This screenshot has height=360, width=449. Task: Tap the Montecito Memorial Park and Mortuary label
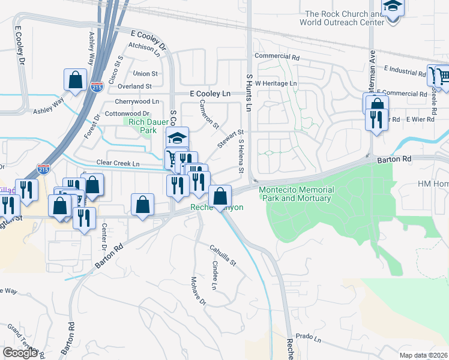point(296,194)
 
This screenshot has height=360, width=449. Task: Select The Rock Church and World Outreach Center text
point(344,18)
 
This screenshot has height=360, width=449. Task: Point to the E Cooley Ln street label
point(209,94)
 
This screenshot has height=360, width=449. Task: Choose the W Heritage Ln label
point(276,83)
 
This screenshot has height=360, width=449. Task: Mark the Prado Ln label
point(309,339)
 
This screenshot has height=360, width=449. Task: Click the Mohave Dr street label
point(199,291)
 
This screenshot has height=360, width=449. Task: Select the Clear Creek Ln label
point(118,163)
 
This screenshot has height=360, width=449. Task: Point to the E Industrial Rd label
point(405,71)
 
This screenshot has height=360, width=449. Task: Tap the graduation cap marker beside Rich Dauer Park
point(178,137)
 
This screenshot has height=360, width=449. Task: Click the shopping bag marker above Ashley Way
point(75,80)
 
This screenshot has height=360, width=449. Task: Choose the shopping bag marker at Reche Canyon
point(220,196)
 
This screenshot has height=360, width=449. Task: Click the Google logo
point(20,353)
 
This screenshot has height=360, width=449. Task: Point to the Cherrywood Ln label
point(137,101)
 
